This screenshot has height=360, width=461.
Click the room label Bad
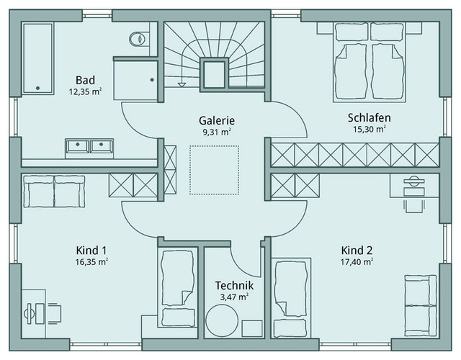pyautogui.click(x=85, y=80)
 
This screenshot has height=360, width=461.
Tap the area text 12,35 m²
pyautogui.click(x=85, y=91)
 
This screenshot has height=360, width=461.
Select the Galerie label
pyautogui.click(x=217, y=120)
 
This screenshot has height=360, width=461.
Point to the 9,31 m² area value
pyautogui.click(x=217, y=132)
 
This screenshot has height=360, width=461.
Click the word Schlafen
pyautogui.click(x=370, y=117)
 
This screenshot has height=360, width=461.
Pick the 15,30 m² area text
pyautogui.click(x=370, y=129)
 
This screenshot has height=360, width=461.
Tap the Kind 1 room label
pyautogui.click(x=91, y=251)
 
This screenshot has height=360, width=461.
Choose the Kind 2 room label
pyautogui.click(x=357, y=251)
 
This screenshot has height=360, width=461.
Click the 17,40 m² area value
pyautogui.click(x=357, y=261)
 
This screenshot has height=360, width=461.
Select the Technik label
pyautogui.click(x=234, y=285)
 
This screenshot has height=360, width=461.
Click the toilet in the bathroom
pyautogui.click(x=138, y=39)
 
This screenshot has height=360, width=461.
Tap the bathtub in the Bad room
pyautogui.click(x=38, y=58)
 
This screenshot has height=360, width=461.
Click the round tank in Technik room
pyautogui.click(x=222, y=320)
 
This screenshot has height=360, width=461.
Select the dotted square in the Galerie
pyautogui.click(x=214, y=170)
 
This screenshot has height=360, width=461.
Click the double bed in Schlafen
pyautogui.click(x=370, y=63)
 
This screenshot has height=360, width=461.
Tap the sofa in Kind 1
pyautogui.click(x=54, y=192)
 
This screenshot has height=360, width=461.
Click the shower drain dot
pyautogui.click(x=152, y=80)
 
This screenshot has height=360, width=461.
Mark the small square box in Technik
pyautogui.click(x=252, y=328)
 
